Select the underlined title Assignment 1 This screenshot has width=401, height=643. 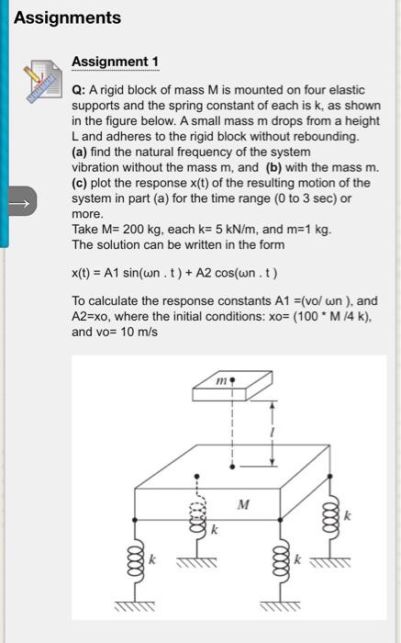[x=115, y=62]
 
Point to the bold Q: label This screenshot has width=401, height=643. [x=78, y=93]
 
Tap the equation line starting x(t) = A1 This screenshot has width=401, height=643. [x=174, y=273]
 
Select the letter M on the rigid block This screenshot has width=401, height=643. [x=242, y=503]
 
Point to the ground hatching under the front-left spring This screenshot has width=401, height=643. [x=135, y=609]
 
